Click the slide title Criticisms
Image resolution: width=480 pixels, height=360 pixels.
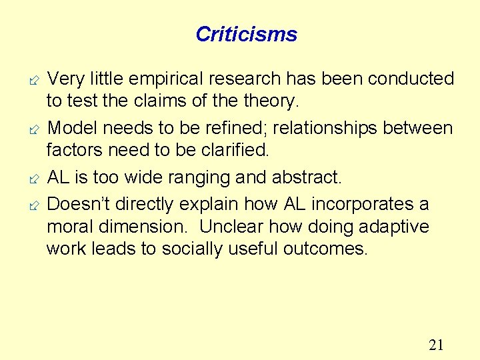click(247, 34)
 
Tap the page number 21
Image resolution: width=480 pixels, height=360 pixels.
click(436, 345)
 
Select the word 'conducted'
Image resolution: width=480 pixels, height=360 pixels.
click(411, 79)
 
